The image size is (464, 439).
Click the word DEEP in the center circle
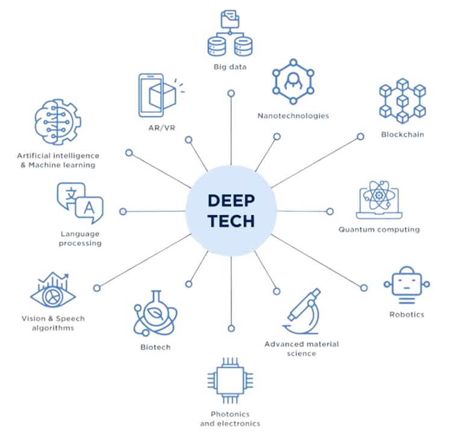[231, 201]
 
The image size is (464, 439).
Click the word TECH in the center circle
[231, 221]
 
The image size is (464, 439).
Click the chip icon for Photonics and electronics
[229, 381]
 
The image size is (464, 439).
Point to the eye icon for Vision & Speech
[53, 293]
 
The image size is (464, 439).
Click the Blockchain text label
[402, 134]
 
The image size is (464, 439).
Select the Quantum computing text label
[378, 230]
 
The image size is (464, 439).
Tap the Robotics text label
[407, 314]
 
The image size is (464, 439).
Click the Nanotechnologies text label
[293, 116]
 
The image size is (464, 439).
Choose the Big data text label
[229, 67]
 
